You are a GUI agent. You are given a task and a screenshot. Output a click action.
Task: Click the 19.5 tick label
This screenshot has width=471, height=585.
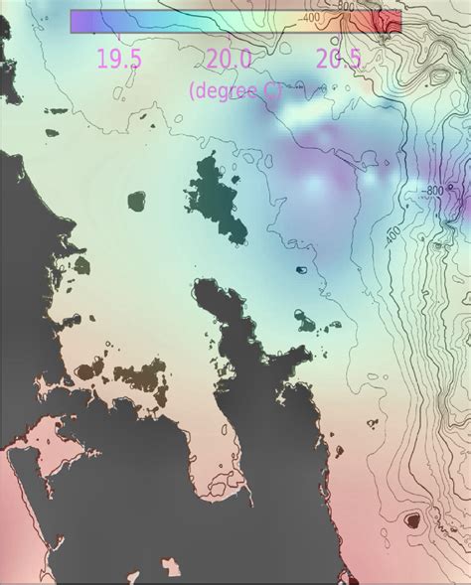click(x=120, y=59)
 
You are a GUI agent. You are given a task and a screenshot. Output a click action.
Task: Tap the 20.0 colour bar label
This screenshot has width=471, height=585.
click(x=230, y=59)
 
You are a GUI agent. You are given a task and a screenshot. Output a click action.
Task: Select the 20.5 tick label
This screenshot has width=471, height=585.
click(x=338, y=59)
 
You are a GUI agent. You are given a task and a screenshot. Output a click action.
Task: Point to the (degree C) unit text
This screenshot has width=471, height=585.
click(x=235, y=90)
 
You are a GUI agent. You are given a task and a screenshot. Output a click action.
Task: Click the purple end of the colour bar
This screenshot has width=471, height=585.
click(x=79, y=21)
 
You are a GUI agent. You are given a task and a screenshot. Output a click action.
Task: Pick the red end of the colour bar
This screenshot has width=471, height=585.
click(x=390, y=21)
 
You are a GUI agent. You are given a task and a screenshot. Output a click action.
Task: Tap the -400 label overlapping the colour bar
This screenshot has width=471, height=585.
click(x=309, y=18)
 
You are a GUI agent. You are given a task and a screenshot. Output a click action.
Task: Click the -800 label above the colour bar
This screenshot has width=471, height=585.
click(x=345, y=5)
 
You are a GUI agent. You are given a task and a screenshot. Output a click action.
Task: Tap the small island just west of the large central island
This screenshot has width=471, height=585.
click(x=135, y=202)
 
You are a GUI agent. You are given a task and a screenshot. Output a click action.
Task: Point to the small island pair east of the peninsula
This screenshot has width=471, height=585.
click(x=308, y=319)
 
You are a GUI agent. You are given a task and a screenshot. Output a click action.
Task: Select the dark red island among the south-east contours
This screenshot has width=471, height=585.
click(x=411, y=518)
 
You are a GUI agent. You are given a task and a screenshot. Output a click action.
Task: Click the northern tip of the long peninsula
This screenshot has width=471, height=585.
click(x=207, y=289)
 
